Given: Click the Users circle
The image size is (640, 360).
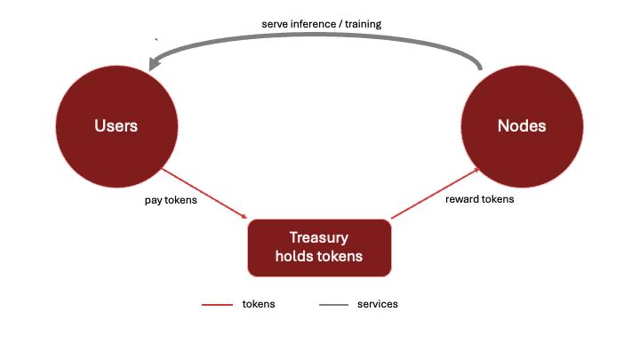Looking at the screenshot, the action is click(x=116, y=126).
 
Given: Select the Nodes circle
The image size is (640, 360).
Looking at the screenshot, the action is click(x=522, y=126).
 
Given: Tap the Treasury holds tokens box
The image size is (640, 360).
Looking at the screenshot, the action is click(x=319, y=248).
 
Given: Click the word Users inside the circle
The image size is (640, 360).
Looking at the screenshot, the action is click(x=116, y=125).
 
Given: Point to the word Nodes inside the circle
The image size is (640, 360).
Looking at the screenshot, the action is click(x=522, y=125).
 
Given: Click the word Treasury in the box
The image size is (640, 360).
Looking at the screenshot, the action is click(x=319, y=237).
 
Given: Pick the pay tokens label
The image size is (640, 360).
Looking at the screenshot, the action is click(x=171, y=200).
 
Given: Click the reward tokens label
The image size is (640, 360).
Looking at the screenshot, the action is click(x=480, y=199).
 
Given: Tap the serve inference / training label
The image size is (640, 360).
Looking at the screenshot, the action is click(x=322, y=24).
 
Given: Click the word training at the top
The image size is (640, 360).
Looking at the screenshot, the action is click(x=364, y=25).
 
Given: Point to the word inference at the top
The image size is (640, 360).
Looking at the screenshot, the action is click(x=313, y=24).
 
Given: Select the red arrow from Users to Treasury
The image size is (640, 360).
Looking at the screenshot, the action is click(x=204, y=194).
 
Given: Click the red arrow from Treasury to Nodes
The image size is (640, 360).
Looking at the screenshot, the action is click(x=435, y=193).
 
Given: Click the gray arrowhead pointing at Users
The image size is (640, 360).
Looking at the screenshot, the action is click(x=154, y=63).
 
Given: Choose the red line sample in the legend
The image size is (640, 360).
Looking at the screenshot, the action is click(x=217, y=305).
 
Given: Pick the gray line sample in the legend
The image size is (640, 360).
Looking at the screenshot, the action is click(x=334, y=305).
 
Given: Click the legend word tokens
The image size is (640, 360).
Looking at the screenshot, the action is click(x=259, y=304).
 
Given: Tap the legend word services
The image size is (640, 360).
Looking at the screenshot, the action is click(x=378, y=304).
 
